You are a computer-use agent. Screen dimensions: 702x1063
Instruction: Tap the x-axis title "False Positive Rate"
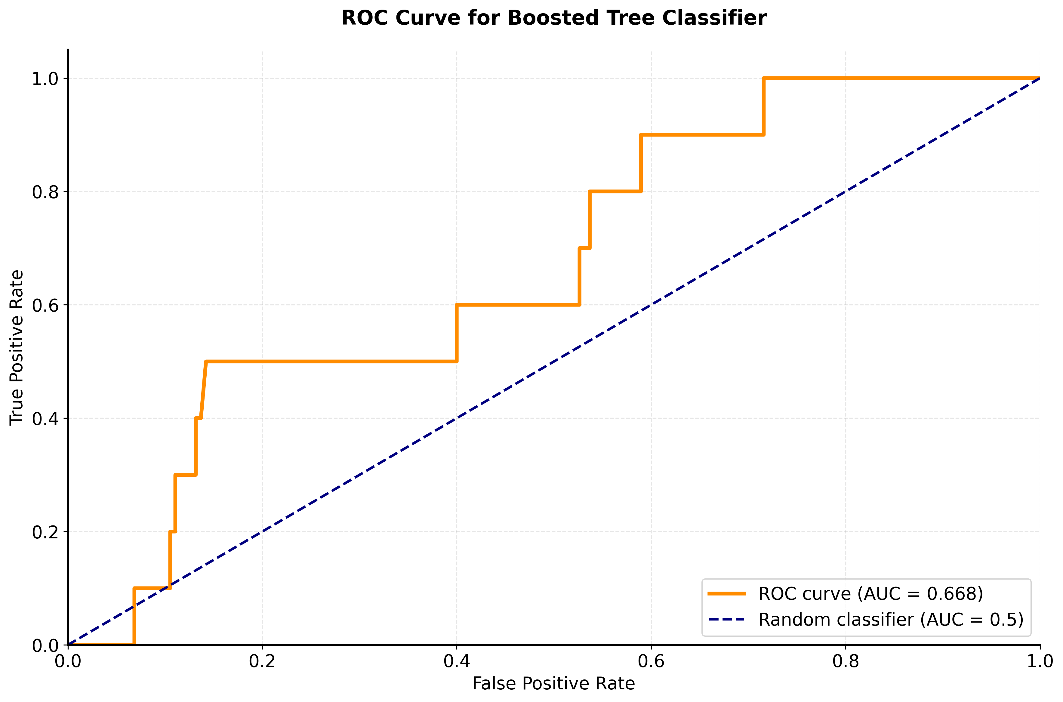(553, 684)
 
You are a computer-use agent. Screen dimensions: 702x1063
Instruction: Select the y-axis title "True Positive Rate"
(17, 347)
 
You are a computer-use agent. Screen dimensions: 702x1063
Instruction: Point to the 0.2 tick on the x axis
(262, 661)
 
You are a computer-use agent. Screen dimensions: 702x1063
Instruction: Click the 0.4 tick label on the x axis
(456, 661)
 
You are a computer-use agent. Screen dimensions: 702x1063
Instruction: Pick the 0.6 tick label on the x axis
(651, 661)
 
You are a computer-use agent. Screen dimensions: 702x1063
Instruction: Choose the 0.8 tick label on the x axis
(846, 661)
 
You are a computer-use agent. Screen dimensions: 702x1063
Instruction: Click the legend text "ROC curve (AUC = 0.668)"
(870, 594)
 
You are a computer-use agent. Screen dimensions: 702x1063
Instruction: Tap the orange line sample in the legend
(727, 594)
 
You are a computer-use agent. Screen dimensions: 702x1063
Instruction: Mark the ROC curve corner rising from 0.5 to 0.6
(456, 305)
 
